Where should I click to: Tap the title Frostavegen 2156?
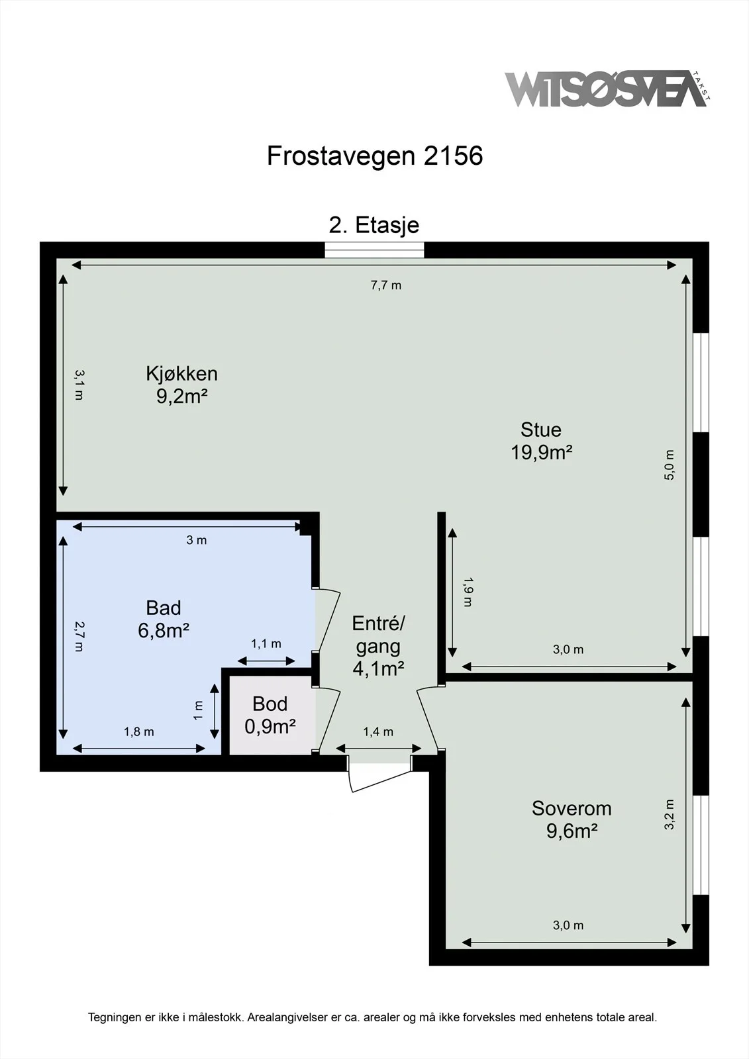tap(375, 156)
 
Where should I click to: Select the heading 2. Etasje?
tap(374, 225)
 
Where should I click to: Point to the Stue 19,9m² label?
tap(541, 441)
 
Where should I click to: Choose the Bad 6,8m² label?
tap(164, 619)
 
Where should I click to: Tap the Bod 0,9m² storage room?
tap(270, 715)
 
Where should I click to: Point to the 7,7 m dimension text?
tap(386, 285)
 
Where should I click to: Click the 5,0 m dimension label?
tap(669, 465)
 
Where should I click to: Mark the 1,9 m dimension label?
tap(468, 592)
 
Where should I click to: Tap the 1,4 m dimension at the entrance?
tap(378, 732)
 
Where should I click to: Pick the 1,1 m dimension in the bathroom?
tap(266, 643)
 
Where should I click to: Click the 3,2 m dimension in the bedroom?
tap(669, 815)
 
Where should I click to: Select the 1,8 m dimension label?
tap(138, 732)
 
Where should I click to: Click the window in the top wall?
tap(374, 250)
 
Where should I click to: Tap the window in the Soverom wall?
tap(701, 845)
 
